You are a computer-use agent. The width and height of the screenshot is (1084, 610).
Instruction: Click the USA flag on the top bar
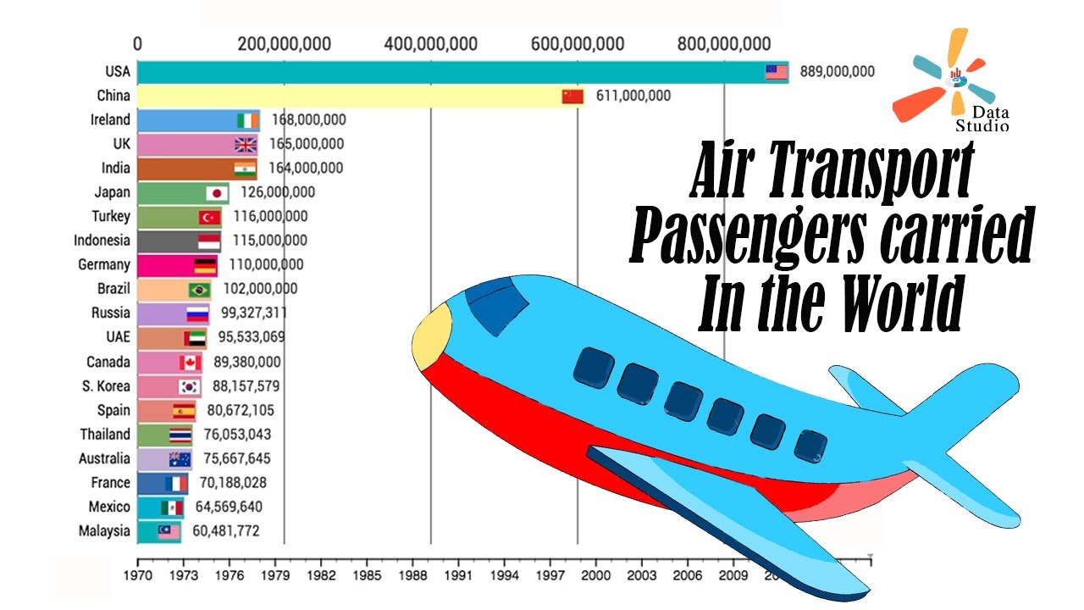(776, 72)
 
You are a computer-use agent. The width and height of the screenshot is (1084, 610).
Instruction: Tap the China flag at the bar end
(573, 97)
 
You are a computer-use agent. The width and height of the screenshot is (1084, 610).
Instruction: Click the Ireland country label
(110, 120)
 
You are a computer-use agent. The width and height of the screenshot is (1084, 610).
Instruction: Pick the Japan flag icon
(216, 193)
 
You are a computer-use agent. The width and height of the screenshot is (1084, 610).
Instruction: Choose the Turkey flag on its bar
(209, 218)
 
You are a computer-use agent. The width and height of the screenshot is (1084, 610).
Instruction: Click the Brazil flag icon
(200, 290)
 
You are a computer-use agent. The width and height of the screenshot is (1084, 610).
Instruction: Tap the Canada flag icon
(190, 363)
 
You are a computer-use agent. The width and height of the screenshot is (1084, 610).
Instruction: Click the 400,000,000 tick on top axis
(431, 44)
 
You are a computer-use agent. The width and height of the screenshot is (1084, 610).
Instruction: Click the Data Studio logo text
(982, 119)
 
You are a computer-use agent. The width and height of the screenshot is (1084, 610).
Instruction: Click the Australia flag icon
(180, 459)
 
